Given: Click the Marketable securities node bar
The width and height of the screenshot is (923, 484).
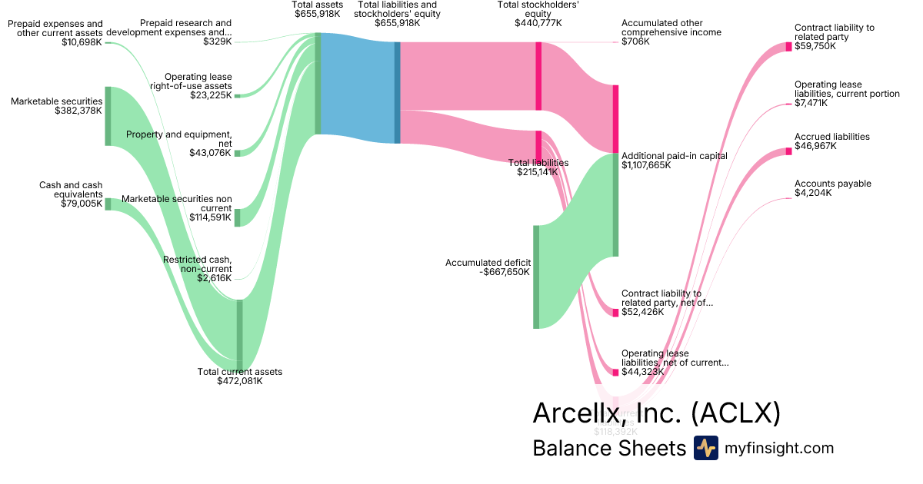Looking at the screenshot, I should [108, 116].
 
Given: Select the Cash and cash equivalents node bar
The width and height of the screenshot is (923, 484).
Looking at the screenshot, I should [108, 204].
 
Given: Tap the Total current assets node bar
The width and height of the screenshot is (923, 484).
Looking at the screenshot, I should [239, 334].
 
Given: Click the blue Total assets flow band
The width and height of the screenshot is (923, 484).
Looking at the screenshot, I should [358, 88].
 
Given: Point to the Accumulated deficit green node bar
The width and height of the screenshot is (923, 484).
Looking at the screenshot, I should [536, 277].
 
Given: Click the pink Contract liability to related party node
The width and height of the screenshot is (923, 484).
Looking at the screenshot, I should [788, 47].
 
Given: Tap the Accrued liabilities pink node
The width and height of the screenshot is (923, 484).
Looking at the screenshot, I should [788, 151].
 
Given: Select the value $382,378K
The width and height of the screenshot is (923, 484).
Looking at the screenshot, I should [78, 111].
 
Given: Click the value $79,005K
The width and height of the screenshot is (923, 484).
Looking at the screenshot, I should [82, 204].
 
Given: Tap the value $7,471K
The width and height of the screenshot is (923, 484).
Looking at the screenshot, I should [811, 103].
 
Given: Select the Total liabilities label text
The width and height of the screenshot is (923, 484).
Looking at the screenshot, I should [538, 163].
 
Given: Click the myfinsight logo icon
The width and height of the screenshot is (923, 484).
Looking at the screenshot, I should [705, 448].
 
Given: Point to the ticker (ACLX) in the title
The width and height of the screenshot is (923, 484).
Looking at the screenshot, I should [736, 413].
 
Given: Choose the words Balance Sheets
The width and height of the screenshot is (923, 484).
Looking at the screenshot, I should [608, 448].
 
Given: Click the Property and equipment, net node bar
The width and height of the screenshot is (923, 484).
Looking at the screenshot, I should [237, 153].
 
